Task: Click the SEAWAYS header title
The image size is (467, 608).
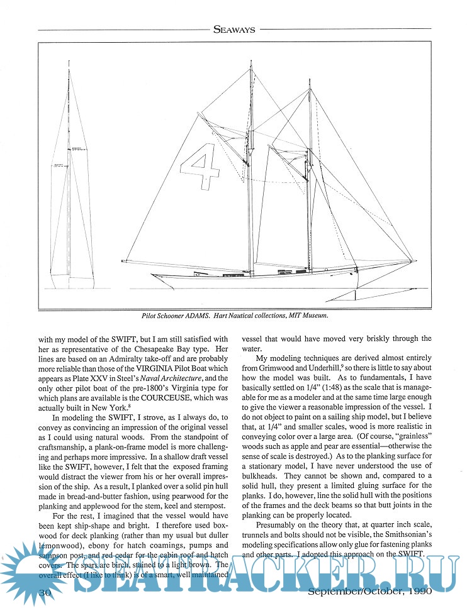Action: pos(233,28)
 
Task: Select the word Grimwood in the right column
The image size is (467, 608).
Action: pos(276,365)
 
